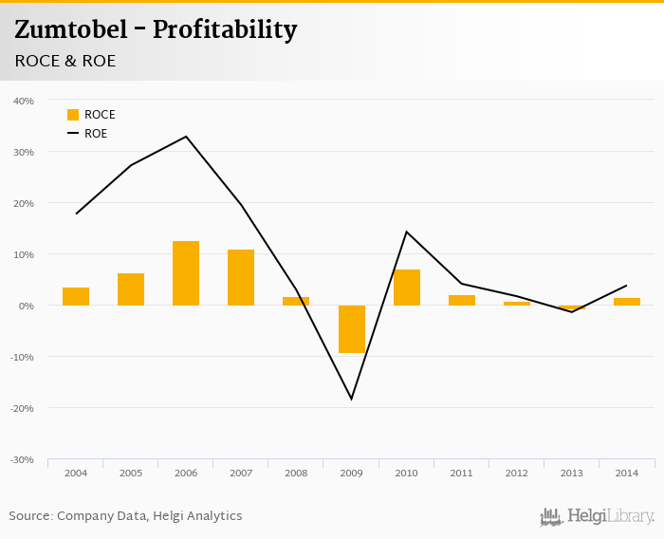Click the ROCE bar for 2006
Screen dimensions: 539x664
coord(186,273)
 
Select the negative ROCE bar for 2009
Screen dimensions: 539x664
coord(352,328)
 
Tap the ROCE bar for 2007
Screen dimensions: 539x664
coord(241,277)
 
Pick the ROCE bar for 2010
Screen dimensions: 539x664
coord(407,288)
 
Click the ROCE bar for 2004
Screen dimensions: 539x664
coord(76,296)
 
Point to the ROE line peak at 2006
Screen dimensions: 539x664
coord(186,137)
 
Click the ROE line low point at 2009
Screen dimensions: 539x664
coord(352,399)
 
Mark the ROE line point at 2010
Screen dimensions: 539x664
coord(407,232)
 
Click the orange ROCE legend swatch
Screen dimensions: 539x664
coord(73,115)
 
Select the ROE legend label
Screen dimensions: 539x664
coord(96,134)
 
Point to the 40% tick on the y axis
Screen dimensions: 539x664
coord(24,101)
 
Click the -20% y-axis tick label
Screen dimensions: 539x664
coord(22,408)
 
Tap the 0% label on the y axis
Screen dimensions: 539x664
coord(26,306)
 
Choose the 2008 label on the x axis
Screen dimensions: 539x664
coord(296,473)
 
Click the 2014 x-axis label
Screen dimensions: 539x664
coord(626,473)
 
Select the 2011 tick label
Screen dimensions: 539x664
coord(461,473)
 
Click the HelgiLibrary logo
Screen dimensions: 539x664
coord(597,516)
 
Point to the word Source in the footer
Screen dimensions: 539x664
coord(29,516)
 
